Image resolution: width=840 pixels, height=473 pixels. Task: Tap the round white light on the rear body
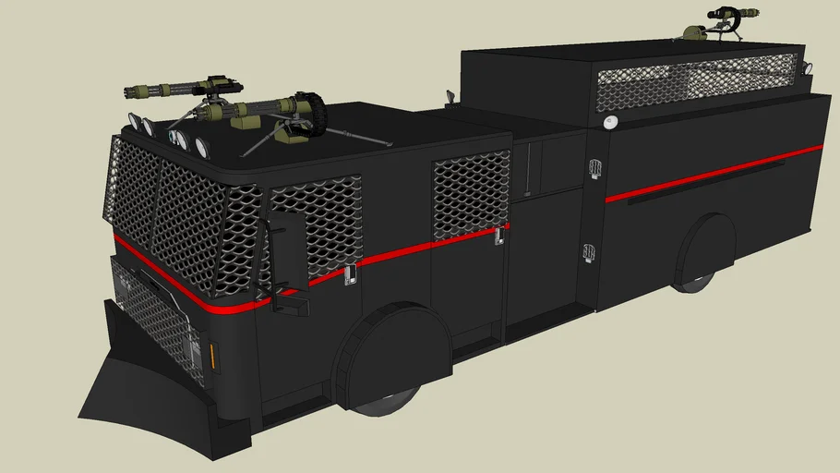click(x=608, y=123)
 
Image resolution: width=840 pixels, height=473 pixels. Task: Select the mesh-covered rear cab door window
click(x=471, y=194)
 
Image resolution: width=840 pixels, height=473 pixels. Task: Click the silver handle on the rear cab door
click(x=499, y=236)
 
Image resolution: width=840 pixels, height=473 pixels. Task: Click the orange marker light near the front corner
click(x=216, y=356)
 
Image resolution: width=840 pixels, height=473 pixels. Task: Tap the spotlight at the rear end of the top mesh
click(x=808, y=67)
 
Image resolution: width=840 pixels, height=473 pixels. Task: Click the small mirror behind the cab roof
click(x=450, y=96)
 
